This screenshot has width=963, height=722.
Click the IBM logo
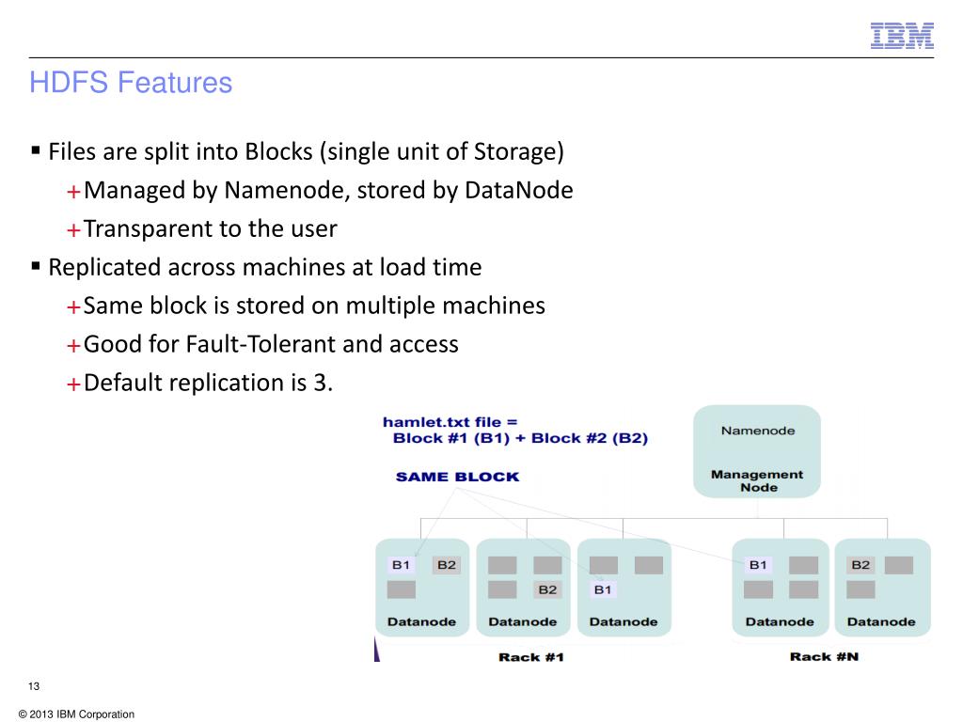901,35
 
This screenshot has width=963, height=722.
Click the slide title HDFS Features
131,84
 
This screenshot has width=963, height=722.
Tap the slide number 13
34,685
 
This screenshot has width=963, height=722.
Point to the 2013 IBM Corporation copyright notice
76,714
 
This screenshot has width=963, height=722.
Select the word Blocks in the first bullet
277,152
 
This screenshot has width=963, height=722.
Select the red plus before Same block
73,307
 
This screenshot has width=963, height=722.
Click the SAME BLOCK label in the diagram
457,477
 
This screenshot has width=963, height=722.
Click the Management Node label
757,480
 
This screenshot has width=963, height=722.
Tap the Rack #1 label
530,656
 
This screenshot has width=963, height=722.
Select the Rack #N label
824,656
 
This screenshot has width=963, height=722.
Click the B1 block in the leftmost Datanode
402,565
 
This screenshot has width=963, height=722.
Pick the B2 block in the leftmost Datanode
446,565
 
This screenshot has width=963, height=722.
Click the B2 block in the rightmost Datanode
860,565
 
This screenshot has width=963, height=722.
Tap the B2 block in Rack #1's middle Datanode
546,589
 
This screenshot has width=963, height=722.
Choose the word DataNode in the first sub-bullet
519,191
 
